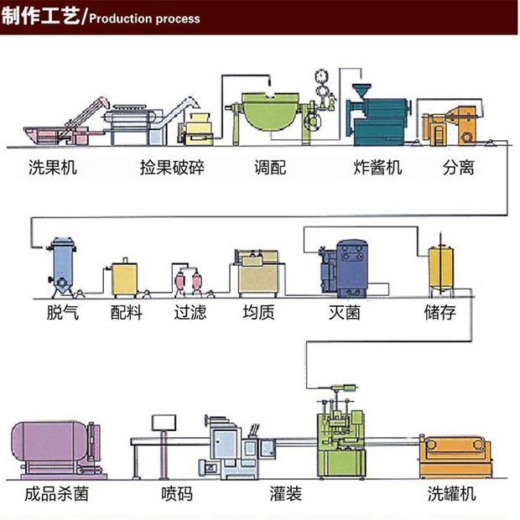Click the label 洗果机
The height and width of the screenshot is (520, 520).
coord(52,168)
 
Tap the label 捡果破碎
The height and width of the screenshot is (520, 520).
coord(173,168)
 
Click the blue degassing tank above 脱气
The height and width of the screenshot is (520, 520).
coord(62,263)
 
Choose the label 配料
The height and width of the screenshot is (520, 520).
coord(127,314)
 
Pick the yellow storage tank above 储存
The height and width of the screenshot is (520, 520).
coord(441,267)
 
